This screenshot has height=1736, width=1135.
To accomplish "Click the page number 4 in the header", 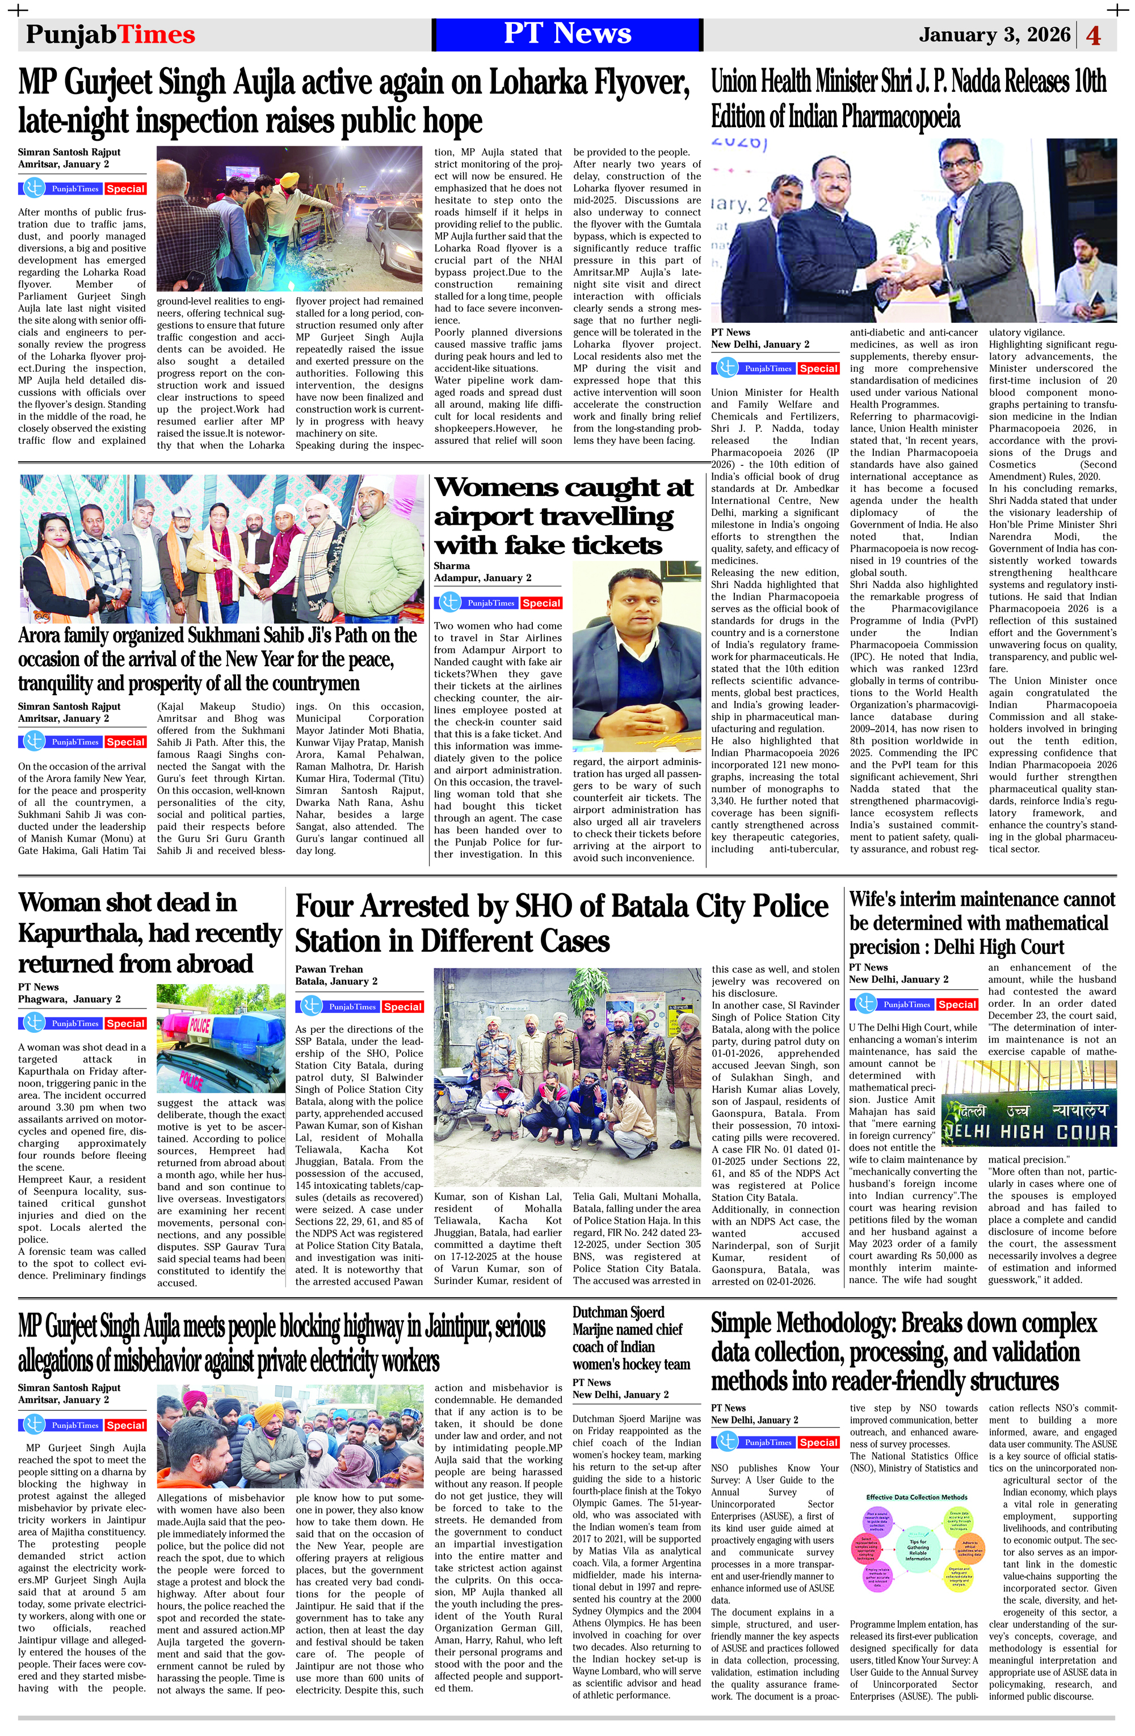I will point(1094,35).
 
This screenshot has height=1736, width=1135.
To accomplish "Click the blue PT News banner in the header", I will point(567,34).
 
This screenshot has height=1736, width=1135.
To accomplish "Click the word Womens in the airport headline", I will point(496,487).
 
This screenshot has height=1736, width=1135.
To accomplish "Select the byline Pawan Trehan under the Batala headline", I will point(329,969).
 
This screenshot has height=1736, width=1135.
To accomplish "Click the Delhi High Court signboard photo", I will point(1028,1103).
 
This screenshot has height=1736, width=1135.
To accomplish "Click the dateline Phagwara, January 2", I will point(69,999).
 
